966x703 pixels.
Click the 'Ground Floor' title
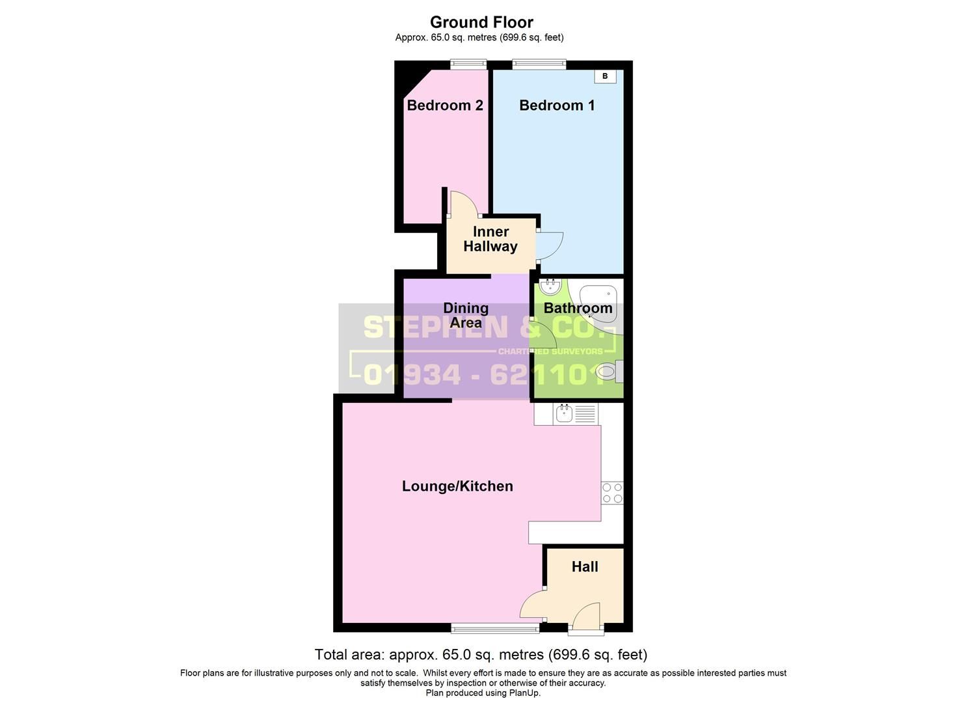pos(481,22)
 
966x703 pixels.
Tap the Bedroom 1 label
pos(557,105)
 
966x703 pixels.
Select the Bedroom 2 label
pos(445,105)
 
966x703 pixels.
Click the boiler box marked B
pos(605,76)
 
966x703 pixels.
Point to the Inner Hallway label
pos(490,239)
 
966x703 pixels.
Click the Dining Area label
pos(466,315)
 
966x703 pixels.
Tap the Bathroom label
pos(578,308)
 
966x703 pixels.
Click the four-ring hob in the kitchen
pos(612,493)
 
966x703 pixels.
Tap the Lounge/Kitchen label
pos(457,486)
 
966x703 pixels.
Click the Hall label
pos(585,567)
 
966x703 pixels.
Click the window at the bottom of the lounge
pos(495,628)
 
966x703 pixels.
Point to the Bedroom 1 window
pos(539,64)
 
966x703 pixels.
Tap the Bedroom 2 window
pos(469,64)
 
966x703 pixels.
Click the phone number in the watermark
pos(485,374)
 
